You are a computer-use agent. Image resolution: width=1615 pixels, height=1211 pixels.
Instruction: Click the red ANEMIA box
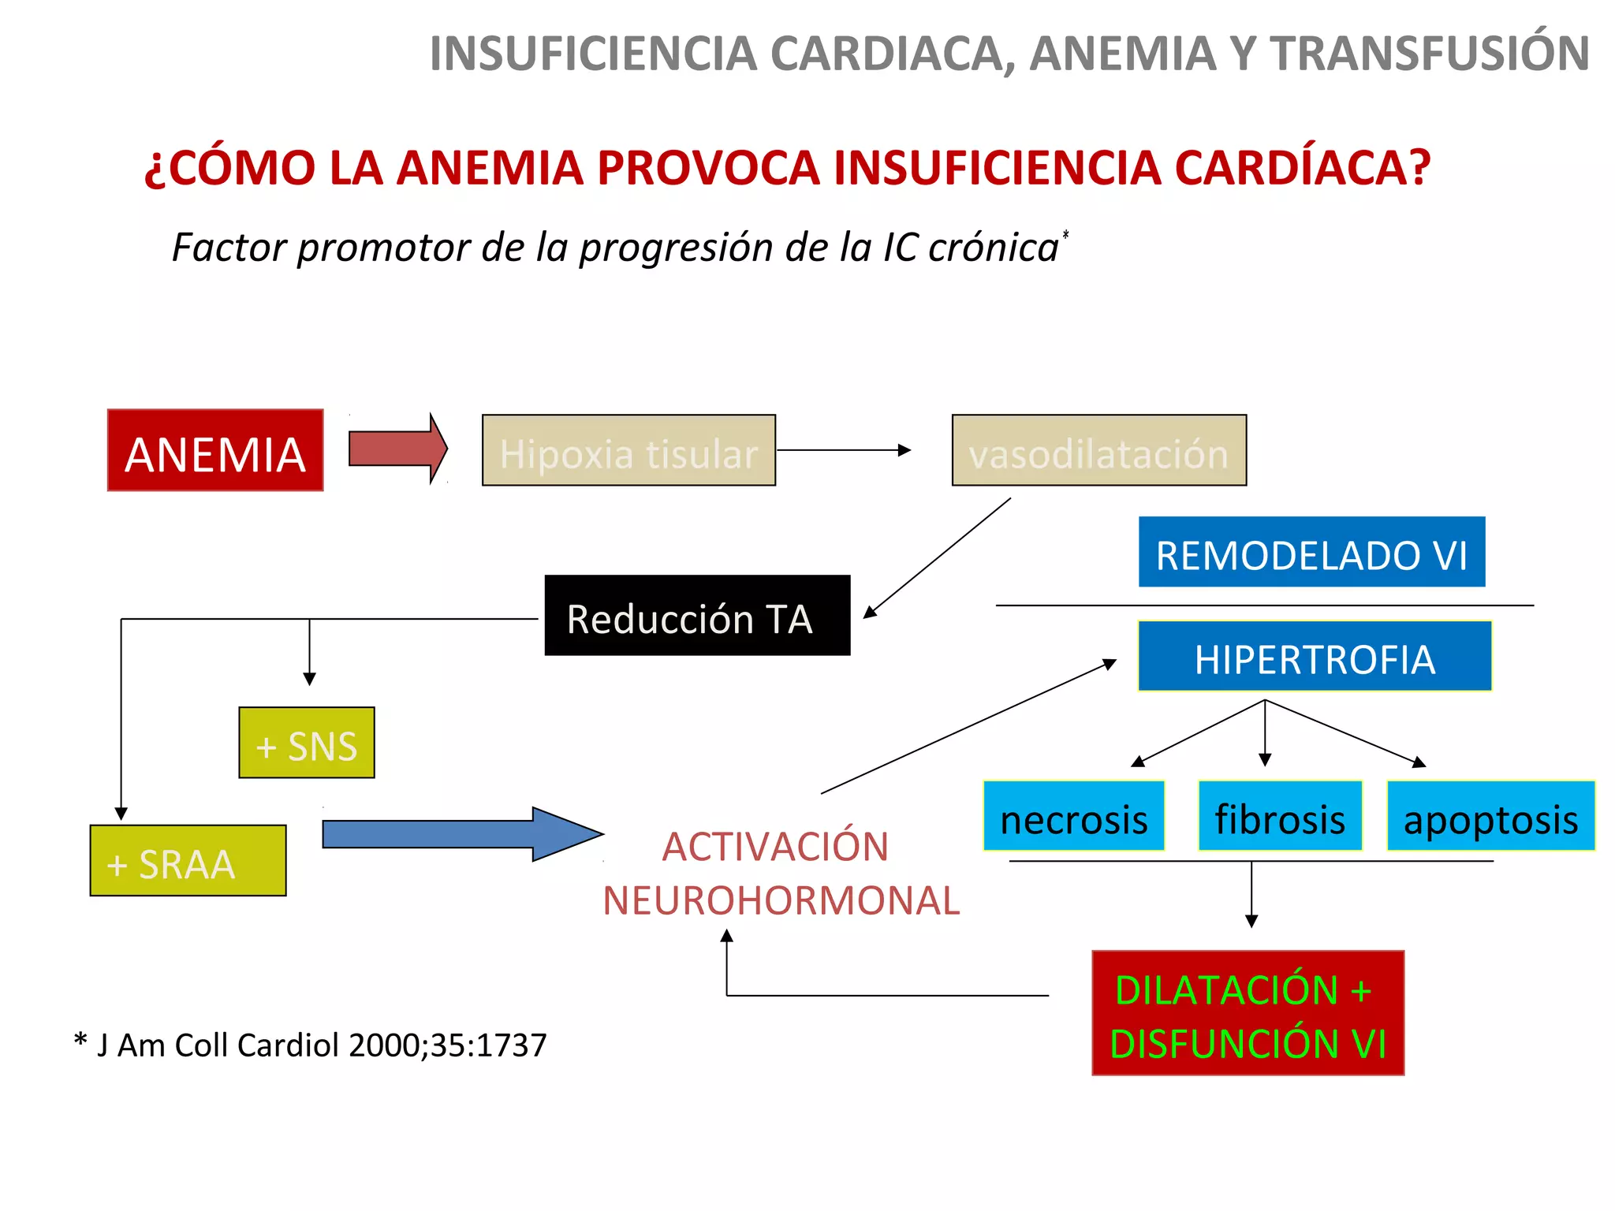215,450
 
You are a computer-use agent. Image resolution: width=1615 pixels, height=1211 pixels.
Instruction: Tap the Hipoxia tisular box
628,450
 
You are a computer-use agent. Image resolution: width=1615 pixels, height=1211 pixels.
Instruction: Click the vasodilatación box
1098,450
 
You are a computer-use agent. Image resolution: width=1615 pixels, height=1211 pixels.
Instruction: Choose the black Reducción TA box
697,616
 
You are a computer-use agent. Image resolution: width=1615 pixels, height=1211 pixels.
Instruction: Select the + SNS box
307,743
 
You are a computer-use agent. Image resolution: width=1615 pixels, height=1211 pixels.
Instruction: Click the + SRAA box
188,860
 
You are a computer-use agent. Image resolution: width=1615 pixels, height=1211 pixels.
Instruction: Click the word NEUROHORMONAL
781,900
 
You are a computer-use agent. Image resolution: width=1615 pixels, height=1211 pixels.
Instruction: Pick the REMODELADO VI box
1311,552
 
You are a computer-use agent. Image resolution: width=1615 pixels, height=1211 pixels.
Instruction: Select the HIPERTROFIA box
1315,656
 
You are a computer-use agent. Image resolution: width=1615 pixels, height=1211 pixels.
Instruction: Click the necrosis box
1073,816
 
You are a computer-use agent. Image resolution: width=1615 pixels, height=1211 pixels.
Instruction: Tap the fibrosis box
1280,816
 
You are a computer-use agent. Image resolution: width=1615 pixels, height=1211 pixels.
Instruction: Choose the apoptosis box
1490,816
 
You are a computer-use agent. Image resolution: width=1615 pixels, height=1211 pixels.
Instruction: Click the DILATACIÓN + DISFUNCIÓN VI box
1248,1013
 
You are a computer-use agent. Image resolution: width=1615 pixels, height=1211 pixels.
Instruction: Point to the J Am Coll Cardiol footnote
310,1045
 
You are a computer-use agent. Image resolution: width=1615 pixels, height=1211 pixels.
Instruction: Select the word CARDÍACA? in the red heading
1301,167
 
